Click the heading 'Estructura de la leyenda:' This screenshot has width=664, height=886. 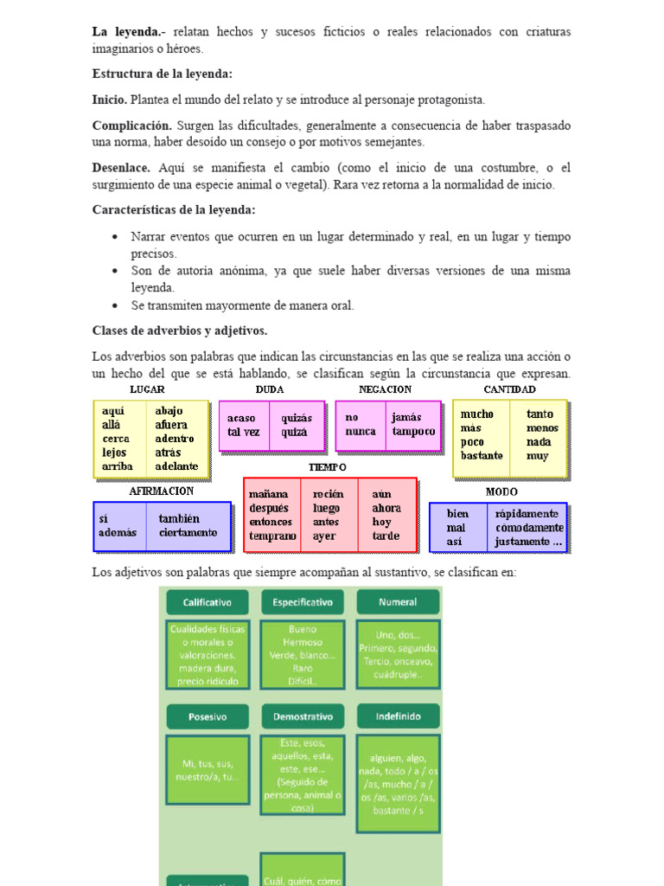(x=162, y=74)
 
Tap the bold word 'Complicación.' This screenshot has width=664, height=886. (x=132, y=125)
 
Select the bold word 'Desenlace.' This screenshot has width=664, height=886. (x=121, y=168)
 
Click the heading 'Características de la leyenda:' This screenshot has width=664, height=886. (x=174, y=210)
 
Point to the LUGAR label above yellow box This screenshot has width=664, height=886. (x=147, y=390)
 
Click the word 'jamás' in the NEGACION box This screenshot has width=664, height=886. (x=405, y=417)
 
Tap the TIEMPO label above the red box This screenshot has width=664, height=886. (x=327, y=467)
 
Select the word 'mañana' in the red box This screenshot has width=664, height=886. (x=268, y=494)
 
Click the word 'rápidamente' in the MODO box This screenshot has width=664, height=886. (x=527, y=513)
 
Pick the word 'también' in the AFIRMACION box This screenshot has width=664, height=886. (x=180, y=519)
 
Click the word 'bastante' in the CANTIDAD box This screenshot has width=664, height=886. (x=482, y=455)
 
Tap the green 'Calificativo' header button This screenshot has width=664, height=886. (x=207, y=602)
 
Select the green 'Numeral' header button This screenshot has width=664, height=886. (x=398, y=602)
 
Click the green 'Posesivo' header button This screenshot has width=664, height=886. (x=207, y=716)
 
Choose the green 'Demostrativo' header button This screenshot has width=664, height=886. (x=303, y=716)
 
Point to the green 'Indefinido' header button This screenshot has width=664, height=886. (x=398, y=716)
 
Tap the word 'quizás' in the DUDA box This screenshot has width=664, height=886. (x=297, y=418)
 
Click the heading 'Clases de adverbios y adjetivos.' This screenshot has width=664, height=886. (x=179, y=331)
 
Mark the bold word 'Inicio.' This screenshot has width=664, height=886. (x=110, y=100)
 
